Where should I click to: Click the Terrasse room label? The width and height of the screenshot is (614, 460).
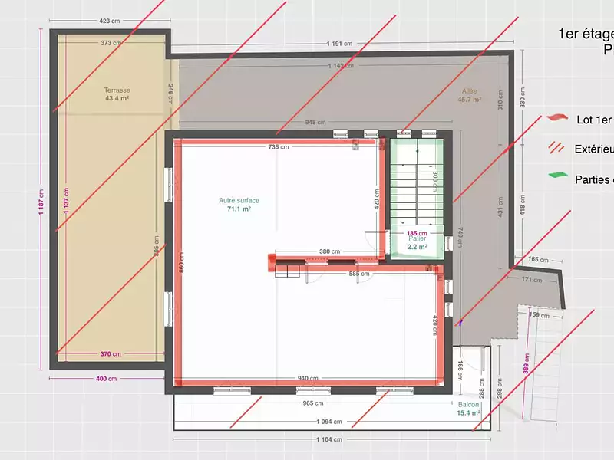coord(117,90)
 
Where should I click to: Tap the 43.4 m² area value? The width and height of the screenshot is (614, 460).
coord(117,98)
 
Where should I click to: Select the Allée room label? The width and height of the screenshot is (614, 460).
coord(470,91)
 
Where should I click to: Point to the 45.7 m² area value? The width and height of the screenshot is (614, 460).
coord(470,100)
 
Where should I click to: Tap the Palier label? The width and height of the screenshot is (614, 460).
coord(417,238)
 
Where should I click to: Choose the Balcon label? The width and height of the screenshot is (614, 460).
coord(469,405)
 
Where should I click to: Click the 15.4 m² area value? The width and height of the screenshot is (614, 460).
coord(469,413)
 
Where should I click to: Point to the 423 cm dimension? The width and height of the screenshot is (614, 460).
coord(109,21)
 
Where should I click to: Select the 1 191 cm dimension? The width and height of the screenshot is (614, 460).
coord(338,44)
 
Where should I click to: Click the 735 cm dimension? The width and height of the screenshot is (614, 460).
coord(279,146)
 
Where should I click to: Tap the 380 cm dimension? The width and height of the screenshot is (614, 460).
coord(329,251)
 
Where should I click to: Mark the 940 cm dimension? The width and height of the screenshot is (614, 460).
coord(309,379)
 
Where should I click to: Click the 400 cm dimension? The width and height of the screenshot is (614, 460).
coord(107,379)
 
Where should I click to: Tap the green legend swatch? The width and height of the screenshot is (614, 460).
coord(556,177)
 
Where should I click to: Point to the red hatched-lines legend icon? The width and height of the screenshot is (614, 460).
coord(556,148)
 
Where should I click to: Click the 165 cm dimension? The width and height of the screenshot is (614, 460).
coord(538,260)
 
